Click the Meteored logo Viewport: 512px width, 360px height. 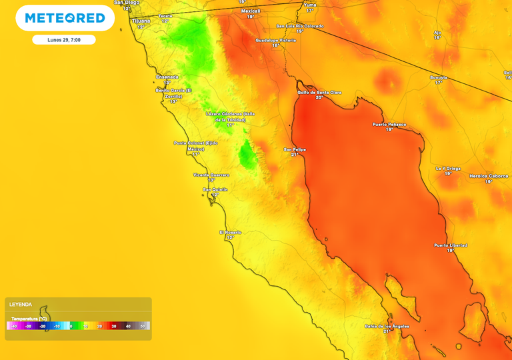pos(65,18)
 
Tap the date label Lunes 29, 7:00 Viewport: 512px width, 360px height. pos(64,40)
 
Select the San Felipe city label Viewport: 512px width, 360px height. pos(295,149)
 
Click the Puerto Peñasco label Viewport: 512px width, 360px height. pos(389,125)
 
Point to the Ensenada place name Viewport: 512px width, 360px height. pos(167,77)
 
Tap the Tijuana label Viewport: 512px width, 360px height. pos(141,21)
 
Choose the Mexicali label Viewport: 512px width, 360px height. pos(251,11)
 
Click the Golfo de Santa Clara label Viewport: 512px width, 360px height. pos(319,92)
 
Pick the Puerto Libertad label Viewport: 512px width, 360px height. pos(451,245)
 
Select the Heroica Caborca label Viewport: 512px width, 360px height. pos(489,176)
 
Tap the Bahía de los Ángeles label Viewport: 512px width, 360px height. pos(387,325)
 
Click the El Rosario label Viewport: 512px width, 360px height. pos(231,232)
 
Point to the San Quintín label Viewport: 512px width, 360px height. pos(215,189)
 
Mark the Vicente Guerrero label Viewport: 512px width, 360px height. pos(211,175)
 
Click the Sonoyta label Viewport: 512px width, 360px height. pos(439,77)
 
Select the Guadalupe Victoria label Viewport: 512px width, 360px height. pos(275,40)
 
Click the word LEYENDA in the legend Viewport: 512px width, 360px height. pos(21,304)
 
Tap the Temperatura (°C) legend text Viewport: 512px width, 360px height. pos(29,318)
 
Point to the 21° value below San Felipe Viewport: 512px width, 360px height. pos(295,155)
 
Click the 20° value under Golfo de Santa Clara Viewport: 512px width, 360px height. pos(319,97)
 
